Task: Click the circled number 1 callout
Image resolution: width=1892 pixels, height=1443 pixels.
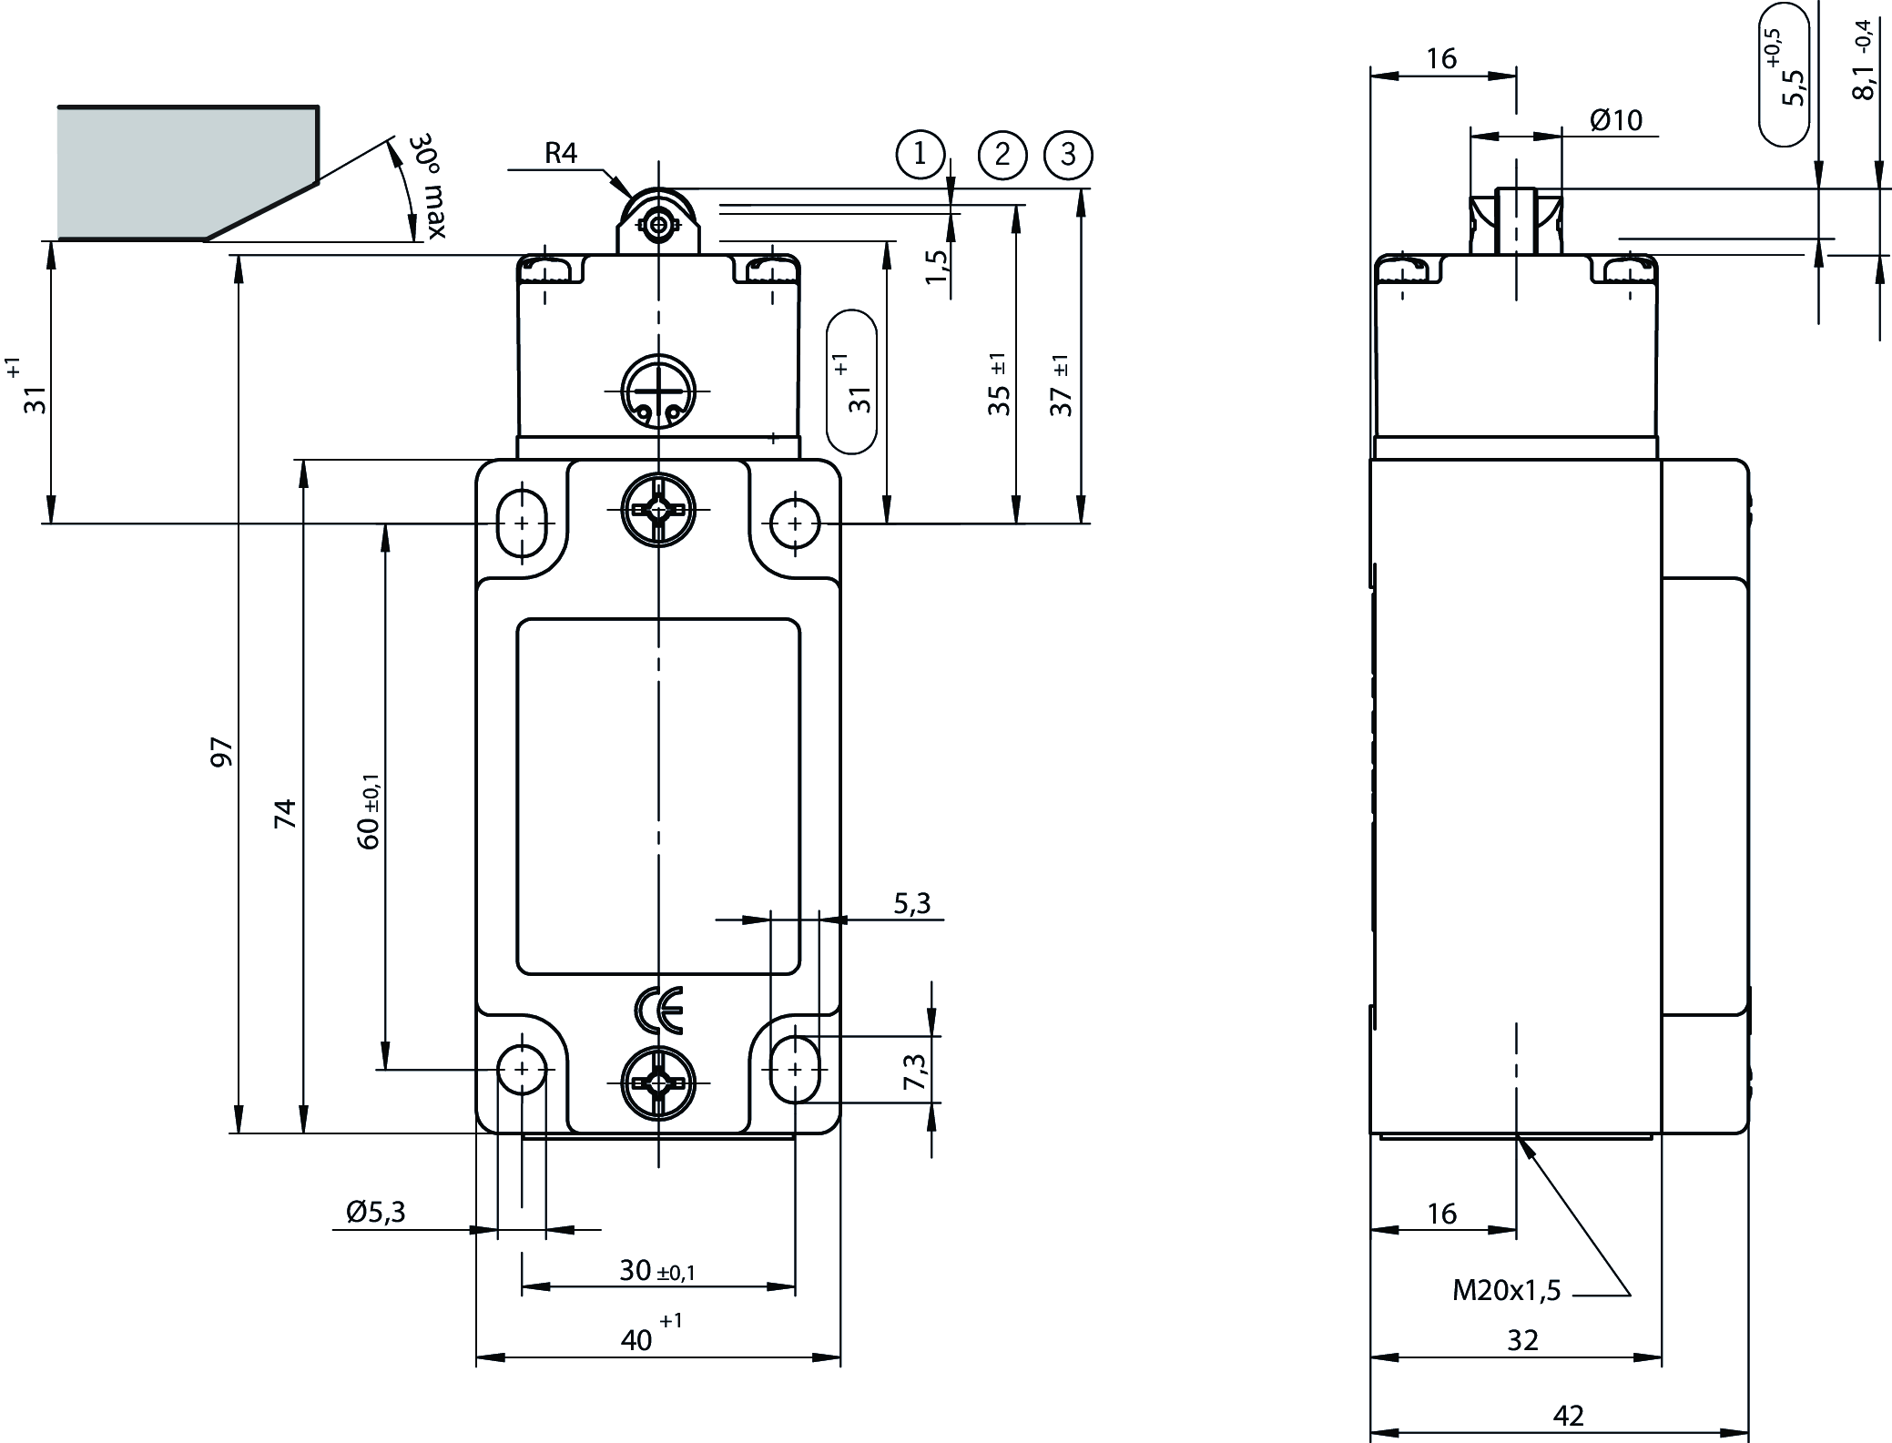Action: [x=921, y=154]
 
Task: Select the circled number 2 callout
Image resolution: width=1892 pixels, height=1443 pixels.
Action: [x=1002, y=155]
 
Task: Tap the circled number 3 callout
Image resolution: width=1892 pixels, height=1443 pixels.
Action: [x=1069, y=155]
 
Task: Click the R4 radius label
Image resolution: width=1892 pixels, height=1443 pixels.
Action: [x=561, y=153]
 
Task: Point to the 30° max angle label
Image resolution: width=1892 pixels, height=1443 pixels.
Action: [x=426, y=187]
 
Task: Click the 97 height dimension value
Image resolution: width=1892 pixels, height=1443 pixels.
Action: [x=223, y=752]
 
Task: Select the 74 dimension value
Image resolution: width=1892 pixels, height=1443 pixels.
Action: [x=286, y=813]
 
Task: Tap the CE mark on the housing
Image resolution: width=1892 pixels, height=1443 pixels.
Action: [x=657, y=1009]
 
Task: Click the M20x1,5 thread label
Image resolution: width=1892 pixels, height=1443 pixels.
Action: [x=1506, y=1290]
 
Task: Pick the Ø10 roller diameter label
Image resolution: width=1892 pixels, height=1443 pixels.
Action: [x=1616, y=120]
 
